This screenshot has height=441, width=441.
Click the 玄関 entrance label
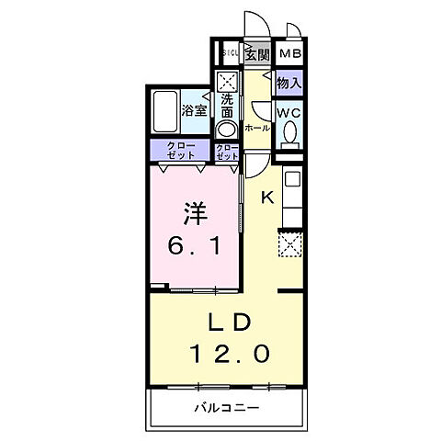(257, 53)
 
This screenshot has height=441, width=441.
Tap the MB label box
(290, 53)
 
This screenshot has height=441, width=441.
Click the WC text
(289, 114)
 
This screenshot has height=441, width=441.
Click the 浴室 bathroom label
(195, 110)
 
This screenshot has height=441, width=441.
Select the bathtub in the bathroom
(164, 111)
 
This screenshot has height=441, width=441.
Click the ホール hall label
(257, 128)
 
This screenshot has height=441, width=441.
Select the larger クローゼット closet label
(180, 150)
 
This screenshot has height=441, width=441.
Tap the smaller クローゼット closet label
(227, 151)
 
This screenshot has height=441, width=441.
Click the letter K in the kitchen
(268, 197)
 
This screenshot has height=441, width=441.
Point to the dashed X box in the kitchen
(289, 244)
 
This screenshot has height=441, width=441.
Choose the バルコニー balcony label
(226, 407)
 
